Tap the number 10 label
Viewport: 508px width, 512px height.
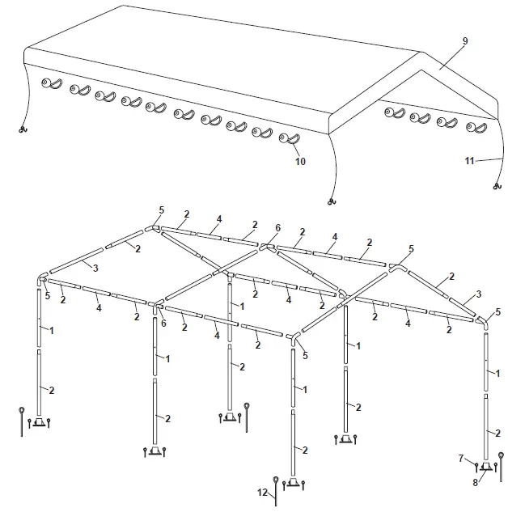(x=300, y=162)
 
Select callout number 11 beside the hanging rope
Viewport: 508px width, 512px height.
(x=469, y=161)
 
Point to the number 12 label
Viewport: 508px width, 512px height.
(x=262, y=493)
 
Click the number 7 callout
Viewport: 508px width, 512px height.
(x=460, y=459)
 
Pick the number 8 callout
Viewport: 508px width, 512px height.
(x=476, y=483)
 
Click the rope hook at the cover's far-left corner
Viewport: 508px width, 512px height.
(x=23, y=129)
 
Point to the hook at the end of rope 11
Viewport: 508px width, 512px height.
(x=495, y=188)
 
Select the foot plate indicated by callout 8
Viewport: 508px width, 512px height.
(x=485, y=467)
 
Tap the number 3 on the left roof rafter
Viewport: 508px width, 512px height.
(x=95, y=268)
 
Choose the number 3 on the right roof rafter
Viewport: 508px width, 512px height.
(x=480, y=294)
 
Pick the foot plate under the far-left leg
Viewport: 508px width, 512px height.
(x=39, y=423)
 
